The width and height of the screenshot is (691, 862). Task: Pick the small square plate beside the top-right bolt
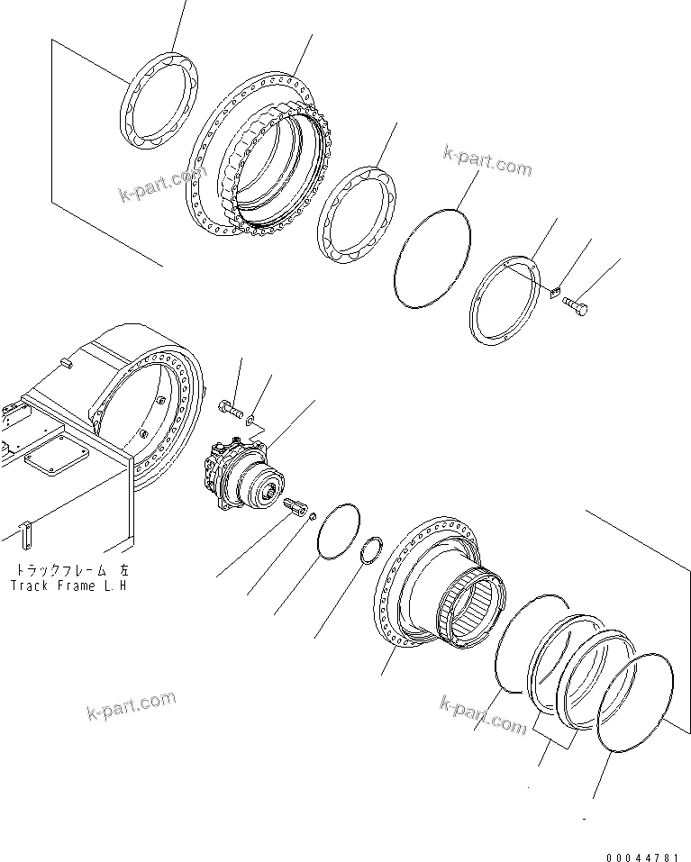pos(555,292)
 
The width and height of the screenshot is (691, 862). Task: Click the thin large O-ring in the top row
pos(433,259)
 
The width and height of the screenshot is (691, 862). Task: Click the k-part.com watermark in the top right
pos(487,162)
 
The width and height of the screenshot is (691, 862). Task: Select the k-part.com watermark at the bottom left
pos(132,708)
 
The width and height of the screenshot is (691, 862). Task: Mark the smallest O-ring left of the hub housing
pos(372,551)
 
